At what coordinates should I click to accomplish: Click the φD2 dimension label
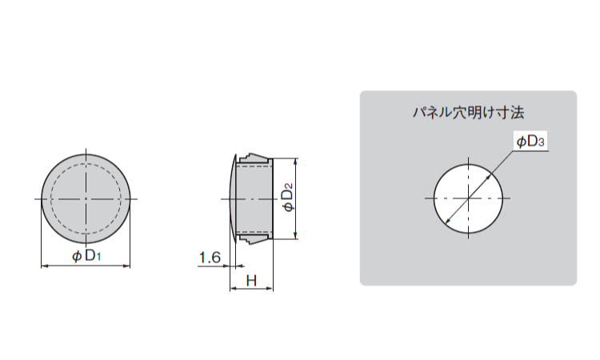(x=289, y=198)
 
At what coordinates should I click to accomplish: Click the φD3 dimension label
(x=530, y=142)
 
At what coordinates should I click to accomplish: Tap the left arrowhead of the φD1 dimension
(x=43, y=266)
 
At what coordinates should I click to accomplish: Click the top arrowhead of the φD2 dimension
(x=296, y=160)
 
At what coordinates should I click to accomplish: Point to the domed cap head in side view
(x=231, y=198)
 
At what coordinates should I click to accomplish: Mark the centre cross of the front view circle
(x=86, y=198)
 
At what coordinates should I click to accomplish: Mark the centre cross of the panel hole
(x=470, y=198)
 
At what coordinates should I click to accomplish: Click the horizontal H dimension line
(x=251, y=290)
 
